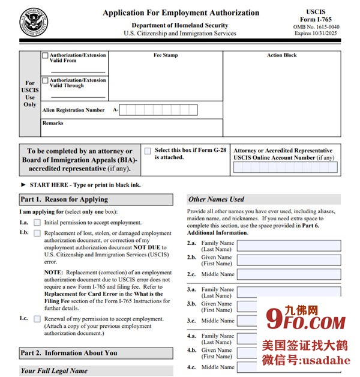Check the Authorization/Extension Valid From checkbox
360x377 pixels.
point(46,56)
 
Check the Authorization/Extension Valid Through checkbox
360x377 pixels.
point(46,80)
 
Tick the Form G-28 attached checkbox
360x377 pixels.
point(148,151)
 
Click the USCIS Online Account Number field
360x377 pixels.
point(285,167)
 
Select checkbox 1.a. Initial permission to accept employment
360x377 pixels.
point(37,223)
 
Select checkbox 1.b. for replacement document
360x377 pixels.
point(37,233)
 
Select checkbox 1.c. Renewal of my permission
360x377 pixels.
point(37,319)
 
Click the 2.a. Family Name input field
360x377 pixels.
point(289,246)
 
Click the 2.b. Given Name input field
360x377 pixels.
point(289,260)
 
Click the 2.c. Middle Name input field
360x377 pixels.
point(289,274)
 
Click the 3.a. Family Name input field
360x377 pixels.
point(289,292)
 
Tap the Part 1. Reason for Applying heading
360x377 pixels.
point(64,199)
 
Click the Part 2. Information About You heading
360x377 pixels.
point(69,353)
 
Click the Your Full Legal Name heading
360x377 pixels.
point(54,371)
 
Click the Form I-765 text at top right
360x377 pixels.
point(325,20)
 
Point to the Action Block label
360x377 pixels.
point(281,55)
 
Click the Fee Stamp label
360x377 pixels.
point(166,55)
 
